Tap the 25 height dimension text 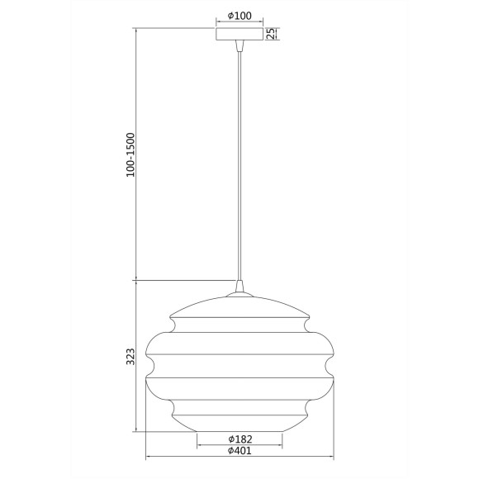270,34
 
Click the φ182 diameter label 239,438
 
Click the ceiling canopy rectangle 239,35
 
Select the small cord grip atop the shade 239,287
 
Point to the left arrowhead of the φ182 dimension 199,445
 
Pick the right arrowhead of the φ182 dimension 281,445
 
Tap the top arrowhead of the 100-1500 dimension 136,31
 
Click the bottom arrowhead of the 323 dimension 136,429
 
